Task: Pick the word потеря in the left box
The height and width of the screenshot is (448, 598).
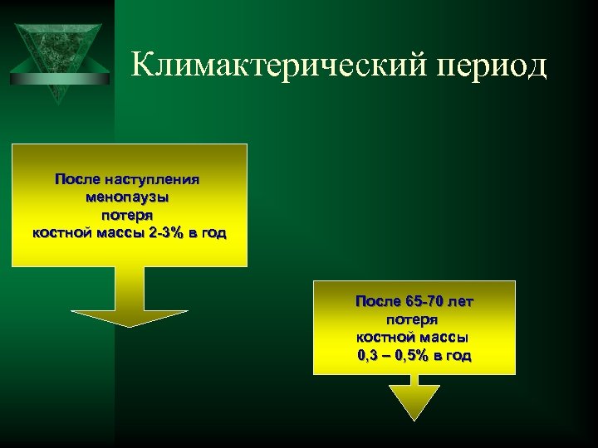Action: tap(128, 215)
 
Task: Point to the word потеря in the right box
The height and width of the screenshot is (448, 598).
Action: tap(413, 319)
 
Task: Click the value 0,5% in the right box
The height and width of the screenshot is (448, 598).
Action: tap(412, 355)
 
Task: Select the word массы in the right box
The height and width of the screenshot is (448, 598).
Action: tap(444, 337)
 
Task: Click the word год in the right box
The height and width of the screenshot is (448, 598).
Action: tap(456, 355)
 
